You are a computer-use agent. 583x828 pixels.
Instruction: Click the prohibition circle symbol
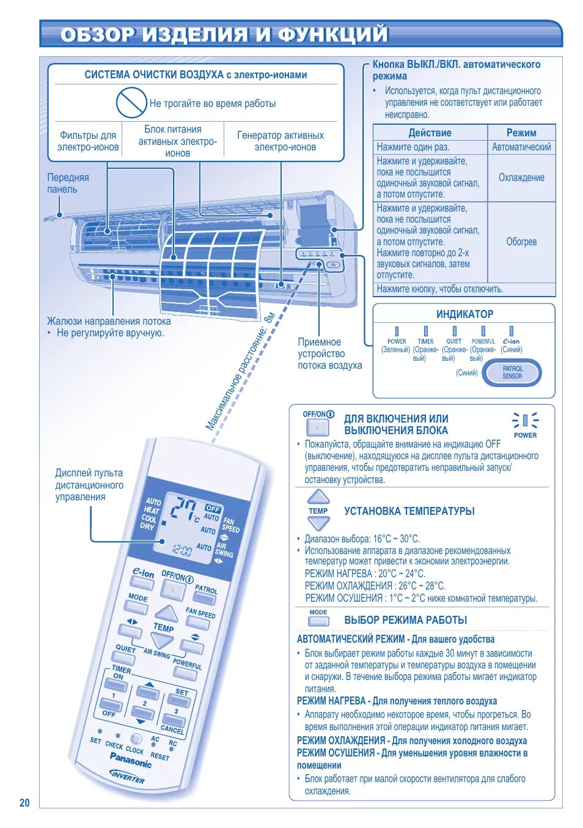point(131,102)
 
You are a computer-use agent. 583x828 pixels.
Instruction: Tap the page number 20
point(24,803)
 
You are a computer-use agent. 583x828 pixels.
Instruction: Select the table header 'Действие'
point(430,133)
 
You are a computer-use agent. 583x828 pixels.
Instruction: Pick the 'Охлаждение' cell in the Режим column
point(521,177)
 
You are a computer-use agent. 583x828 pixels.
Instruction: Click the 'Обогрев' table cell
point(521,242)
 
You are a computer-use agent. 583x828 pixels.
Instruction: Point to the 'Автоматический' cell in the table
point(521,147)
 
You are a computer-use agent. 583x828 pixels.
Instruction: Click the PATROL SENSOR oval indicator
point(512,373)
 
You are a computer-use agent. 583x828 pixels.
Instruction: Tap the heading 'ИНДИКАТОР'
point(464,314)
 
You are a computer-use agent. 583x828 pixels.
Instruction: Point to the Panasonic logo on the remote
point(131,760)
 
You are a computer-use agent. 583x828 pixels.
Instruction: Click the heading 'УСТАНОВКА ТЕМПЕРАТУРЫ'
point(409,511)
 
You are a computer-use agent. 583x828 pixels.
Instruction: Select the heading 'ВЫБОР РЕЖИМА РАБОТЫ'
point(405,620)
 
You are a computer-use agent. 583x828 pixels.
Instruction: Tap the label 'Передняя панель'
point(68,183)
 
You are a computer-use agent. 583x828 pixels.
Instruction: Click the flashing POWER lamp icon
point(525,421)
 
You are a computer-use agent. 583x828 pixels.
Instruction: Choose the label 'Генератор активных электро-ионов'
point(280,141)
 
